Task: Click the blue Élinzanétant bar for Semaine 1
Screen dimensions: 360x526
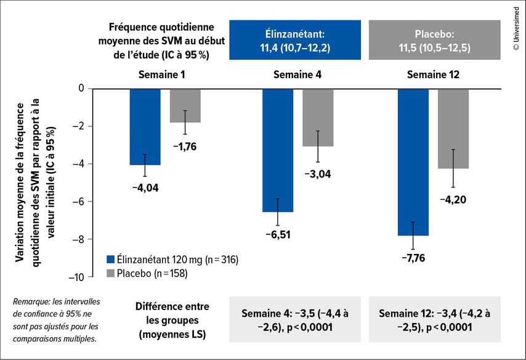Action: [145, 126]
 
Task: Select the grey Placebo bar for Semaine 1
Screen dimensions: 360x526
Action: [185, 105]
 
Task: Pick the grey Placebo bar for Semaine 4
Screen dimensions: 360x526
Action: [318, 117]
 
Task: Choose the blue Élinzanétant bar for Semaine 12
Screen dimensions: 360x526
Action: [413, 162]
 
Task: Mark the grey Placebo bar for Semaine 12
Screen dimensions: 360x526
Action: [453, 128]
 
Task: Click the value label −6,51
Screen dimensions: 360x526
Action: [278, 234]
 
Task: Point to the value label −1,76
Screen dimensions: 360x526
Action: [185, 147]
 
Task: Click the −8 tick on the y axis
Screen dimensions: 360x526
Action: [78, 239]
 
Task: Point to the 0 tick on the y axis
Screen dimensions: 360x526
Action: [81, 89]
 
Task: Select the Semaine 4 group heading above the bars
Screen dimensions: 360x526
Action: [297, 75]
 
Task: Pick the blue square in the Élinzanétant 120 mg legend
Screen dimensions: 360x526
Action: [110, 260]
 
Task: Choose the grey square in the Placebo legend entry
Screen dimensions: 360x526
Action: [110, 272]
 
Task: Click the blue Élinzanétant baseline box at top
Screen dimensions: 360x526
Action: [294, 40]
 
